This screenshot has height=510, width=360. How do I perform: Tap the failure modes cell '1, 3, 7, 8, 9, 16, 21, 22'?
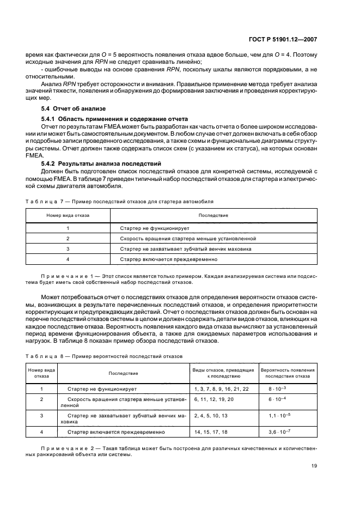click(x=221, y=388)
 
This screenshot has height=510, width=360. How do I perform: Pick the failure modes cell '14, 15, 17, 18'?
click(x=210, y=432)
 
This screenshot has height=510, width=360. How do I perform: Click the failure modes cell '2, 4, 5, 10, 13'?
click(x=211, y=415)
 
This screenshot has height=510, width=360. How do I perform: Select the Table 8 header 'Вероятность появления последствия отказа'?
click(x=288, y=373)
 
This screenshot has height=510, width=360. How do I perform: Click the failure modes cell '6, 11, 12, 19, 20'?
click(x=213, y=399)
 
